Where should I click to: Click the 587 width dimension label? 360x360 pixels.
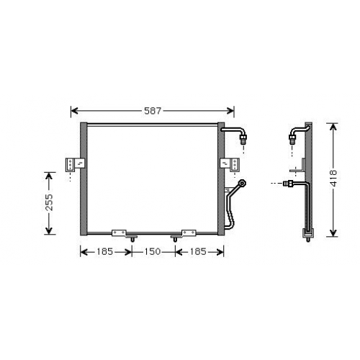pos(153,111)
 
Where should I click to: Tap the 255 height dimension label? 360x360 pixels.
pos(49,203)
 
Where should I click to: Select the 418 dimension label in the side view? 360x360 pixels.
pos(333,179)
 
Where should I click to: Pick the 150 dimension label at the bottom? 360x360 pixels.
pos(153,251)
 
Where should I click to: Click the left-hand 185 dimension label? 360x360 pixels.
pos(104,251)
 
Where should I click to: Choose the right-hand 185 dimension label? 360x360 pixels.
pos(198,251)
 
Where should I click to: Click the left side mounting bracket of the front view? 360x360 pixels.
pos(75,164)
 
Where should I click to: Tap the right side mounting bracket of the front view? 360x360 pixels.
pos(230,164)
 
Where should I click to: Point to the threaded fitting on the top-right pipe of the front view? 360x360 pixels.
pos(243,139)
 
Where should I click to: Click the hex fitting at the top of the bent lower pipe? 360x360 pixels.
pos(243,184)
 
